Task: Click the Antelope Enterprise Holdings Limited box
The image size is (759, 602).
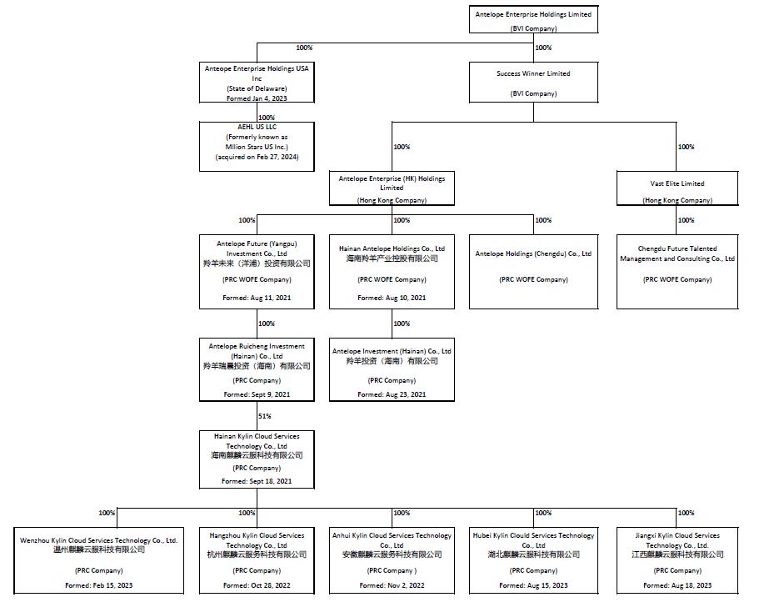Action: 533,20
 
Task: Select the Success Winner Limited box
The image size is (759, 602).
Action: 533,83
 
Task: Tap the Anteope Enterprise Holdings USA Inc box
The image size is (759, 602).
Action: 257,83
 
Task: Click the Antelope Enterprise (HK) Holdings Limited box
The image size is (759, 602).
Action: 392,188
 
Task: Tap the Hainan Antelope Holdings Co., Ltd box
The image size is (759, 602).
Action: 392,272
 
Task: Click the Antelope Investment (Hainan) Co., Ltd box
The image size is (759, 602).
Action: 392,371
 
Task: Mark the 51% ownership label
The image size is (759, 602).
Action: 264,415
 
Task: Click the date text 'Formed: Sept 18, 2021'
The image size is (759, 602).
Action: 257,481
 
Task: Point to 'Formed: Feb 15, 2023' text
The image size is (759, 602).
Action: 98,585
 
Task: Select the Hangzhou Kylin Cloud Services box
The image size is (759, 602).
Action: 257,559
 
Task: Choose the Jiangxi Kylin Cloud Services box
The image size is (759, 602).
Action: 677,559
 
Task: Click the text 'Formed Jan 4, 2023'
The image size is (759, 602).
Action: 257,98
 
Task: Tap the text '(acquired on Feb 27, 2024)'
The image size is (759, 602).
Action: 257,157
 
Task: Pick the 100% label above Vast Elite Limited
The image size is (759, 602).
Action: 686,147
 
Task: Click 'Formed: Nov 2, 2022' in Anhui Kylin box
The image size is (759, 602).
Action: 392,585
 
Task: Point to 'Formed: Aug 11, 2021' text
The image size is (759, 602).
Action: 257,298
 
